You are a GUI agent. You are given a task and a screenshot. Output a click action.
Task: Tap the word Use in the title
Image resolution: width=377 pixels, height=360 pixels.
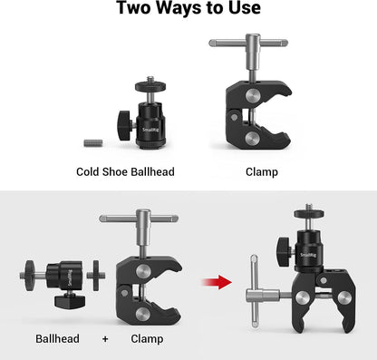(244, 9)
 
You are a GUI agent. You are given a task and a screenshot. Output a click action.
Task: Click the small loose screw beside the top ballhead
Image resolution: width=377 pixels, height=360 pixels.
(91, 142)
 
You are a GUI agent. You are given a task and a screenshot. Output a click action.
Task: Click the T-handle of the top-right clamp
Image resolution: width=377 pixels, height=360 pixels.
(249, 43)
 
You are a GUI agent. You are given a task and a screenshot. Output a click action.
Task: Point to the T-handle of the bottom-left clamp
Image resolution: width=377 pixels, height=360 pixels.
(140, 218)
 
